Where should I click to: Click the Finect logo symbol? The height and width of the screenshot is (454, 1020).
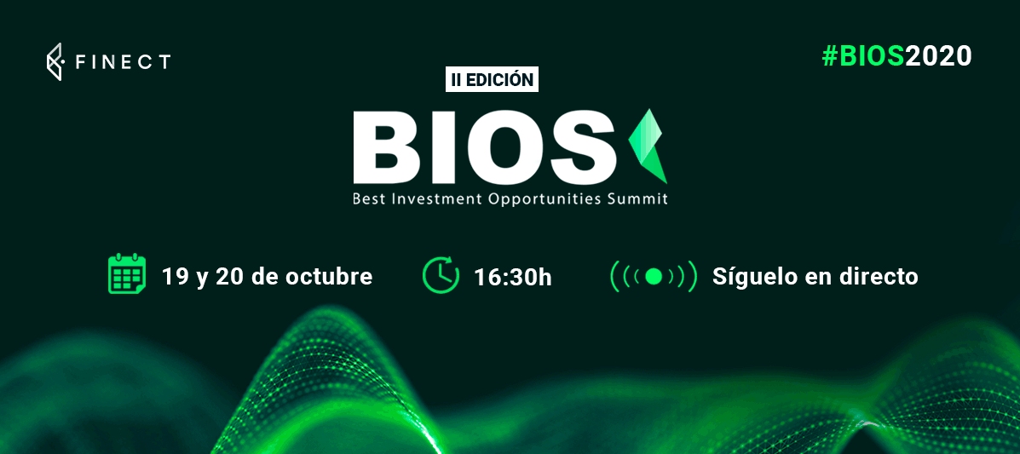pos(54,62)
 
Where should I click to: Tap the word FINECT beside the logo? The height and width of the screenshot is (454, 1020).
pos(123,62)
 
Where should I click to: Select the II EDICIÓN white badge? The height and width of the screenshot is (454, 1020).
pos(492,79)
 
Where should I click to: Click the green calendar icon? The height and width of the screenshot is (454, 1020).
pos(125,274)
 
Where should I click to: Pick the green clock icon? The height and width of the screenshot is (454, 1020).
pos(441,275)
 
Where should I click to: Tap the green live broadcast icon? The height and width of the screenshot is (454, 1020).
pos(654,277)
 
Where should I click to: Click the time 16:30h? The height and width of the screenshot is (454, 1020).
pos(513,278)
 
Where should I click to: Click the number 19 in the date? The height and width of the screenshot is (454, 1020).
pos(175,277)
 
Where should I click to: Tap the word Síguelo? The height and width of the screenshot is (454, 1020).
pos(750,277)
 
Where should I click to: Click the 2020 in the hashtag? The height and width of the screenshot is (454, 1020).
pos(938,56)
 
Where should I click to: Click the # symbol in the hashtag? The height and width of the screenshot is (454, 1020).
pos(829,56)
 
